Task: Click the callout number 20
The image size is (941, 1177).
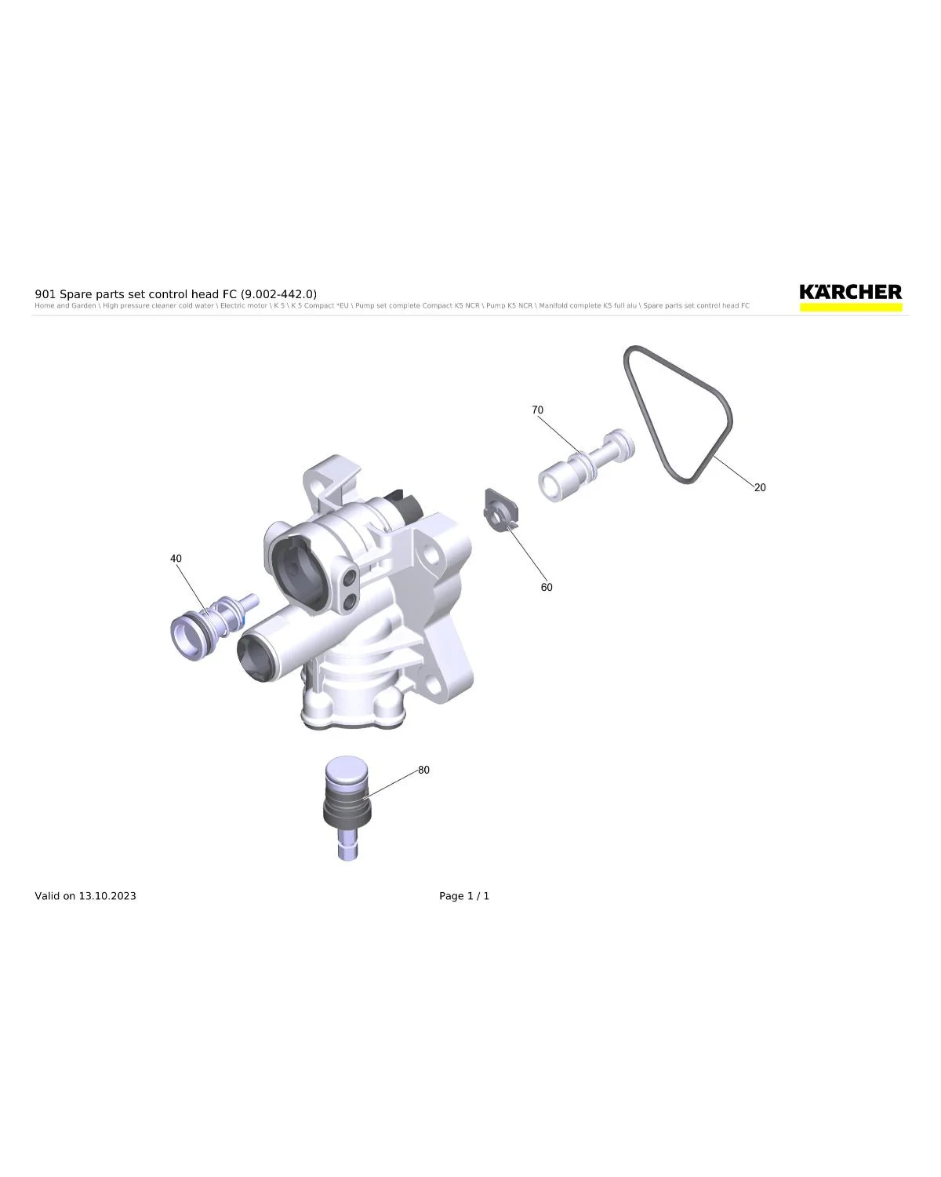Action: tap(759, 487)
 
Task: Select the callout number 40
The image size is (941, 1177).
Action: tap(176, 559)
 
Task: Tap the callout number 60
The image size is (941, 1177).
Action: tap(547, 587)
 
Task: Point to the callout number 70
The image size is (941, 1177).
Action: tap(537, 410)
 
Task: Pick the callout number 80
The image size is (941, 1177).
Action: tap(423, 770)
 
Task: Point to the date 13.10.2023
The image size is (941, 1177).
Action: tap(107, 896)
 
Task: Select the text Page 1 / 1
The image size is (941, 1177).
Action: tap(464, 896)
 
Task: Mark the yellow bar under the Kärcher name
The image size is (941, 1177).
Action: tap(851, 308)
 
